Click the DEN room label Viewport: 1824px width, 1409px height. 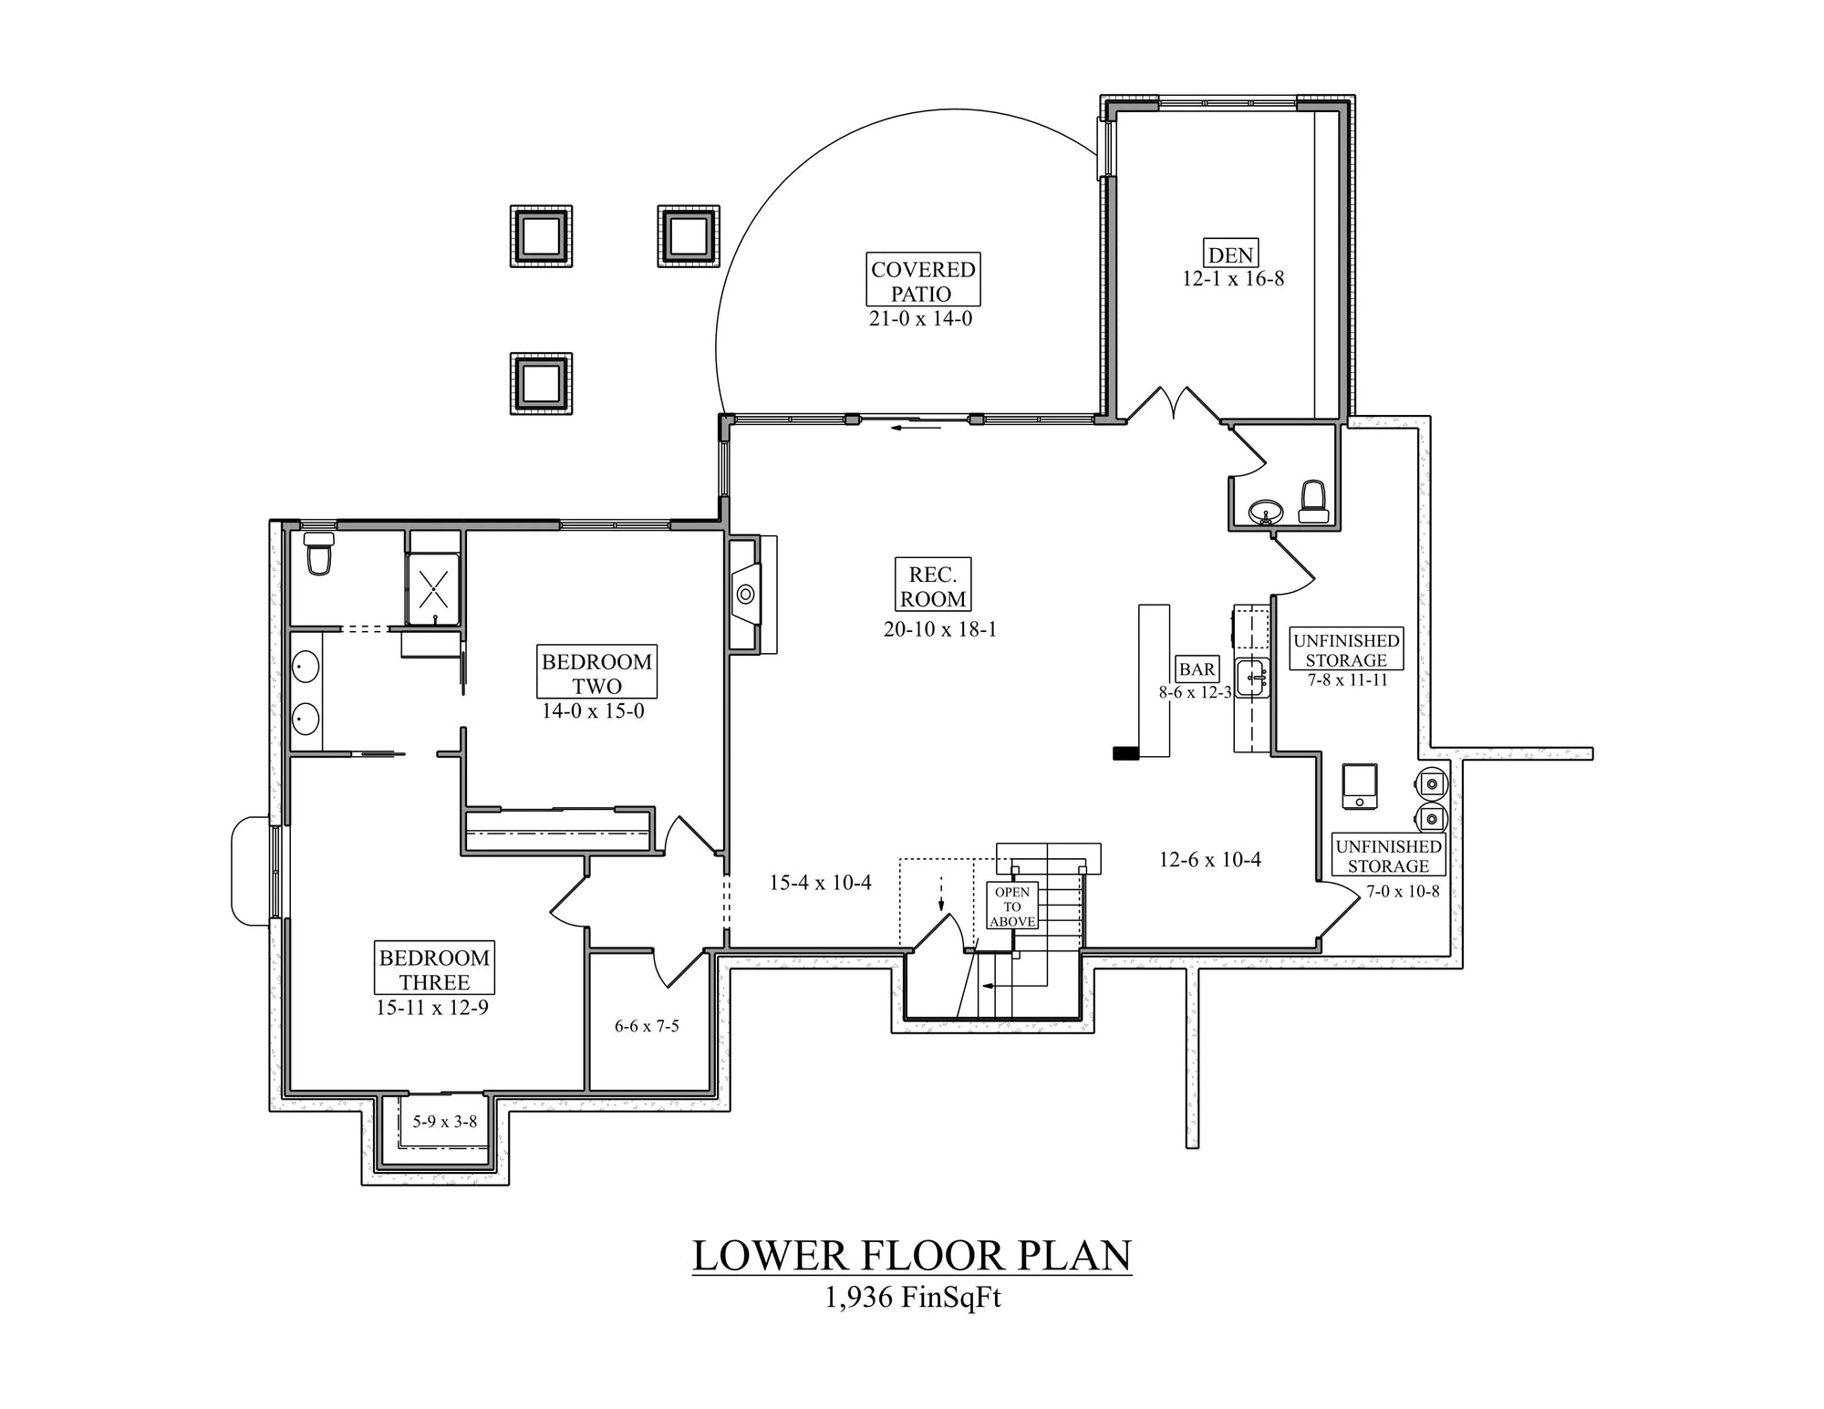(x=1230, y=254)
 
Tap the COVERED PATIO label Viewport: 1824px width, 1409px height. (x=922, y=280)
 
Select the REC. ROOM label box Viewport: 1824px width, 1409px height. (x=932, y=585)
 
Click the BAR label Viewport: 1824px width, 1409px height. (x=1197, y=668)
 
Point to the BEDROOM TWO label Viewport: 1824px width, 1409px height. (x=596, y=673)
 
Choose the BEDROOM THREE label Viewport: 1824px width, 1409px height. (x=434, y=969)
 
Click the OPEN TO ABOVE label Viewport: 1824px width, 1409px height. (x=1012, y=907)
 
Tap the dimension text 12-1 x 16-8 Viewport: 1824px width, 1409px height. (x=1233, y=279)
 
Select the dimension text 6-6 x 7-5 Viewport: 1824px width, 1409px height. (x=647, y=1026)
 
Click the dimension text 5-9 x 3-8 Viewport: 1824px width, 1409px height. (x=444, y=1122)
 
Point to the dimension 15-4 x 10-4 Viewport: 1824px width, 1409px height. (x=820, y=882)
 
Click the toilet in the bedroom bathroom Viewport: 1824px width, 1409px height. (x=318, y=554)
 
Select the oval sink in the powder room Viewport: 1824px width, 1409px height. (x=1265, y=510)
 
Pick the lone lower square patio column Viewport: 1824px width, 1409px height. (x=541, y=384)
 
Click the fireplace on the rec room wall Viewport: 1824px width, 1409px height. (x=745, y=595)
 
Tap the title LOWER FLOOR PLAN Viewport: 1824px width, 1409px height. (x=911, y=1256)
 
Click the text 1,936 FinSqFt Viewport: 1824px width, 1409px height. (x=911, y=1297)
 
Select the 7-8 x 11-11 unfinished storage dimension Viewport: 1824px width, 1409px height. (x=1347, y=679)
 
